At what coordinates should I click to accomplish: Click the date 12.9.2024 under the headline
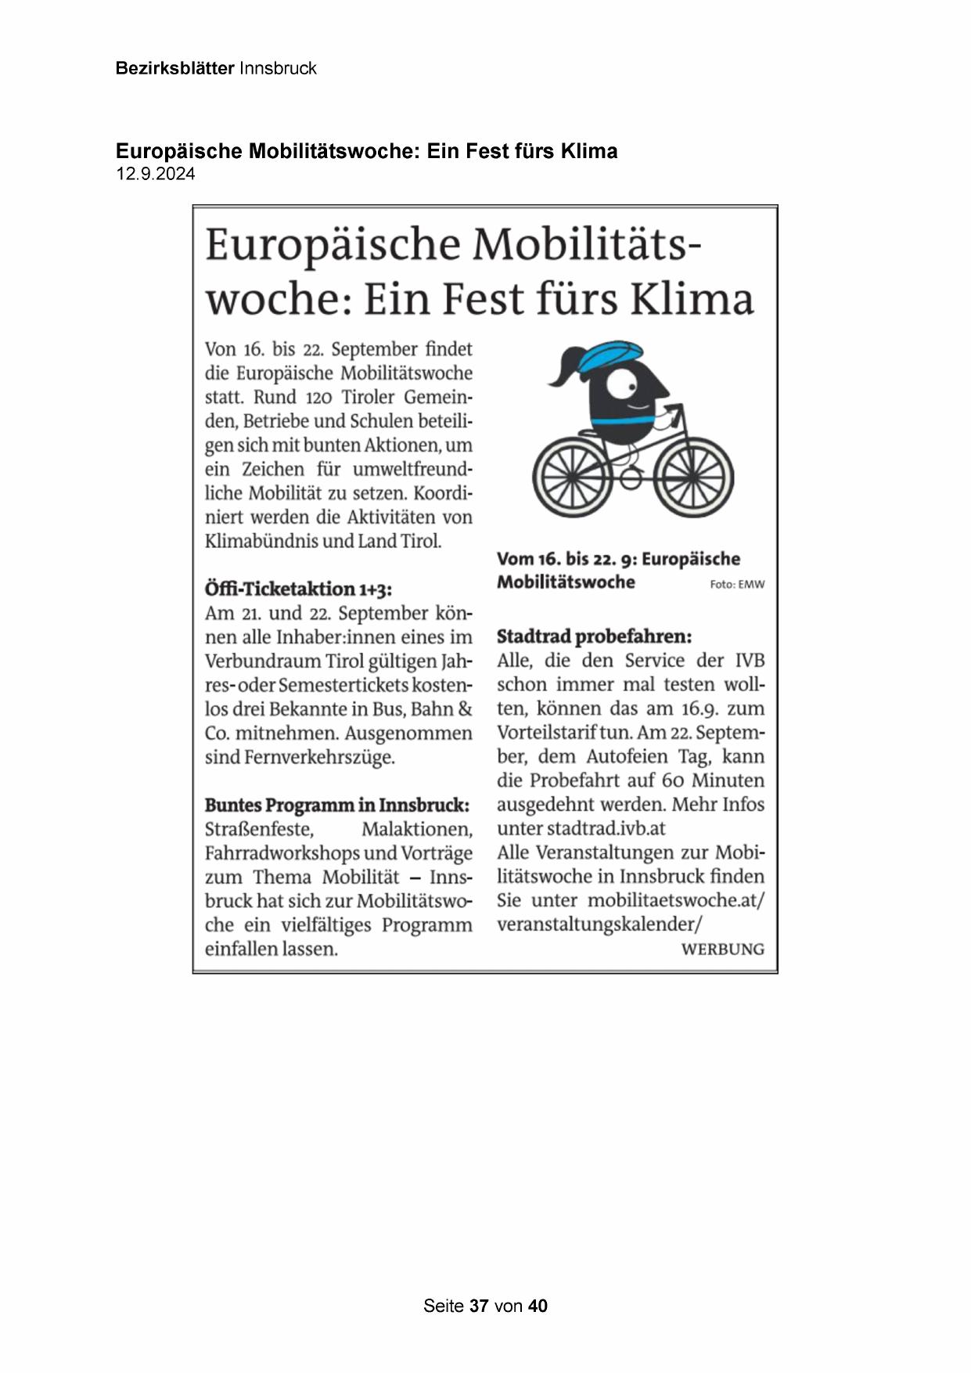[x=156, y=174]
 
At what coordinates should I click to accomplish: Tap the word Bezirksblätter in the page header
[x=174, y=68]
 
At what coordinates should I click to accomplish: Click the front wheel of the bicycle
[x=694, y=475]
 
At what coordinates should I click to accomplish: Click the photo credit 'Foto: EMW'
[x=737, y=584]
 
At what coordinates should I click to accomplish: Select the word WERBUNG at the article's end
[x=722, y=949]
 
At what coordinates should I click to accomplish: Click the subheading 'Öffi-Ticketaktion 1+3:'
[x=298, y=589]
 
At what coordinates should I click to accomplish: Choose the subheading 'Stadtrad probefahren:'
[x=594, y=636]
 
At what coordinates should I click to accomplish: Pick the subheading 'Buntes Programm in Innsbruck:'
[x=337, y=805]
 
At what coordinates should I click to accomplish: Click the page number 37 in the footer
[x=479, y=1306]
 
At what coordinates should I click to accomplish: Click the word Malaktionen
[x=416, y=829]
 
